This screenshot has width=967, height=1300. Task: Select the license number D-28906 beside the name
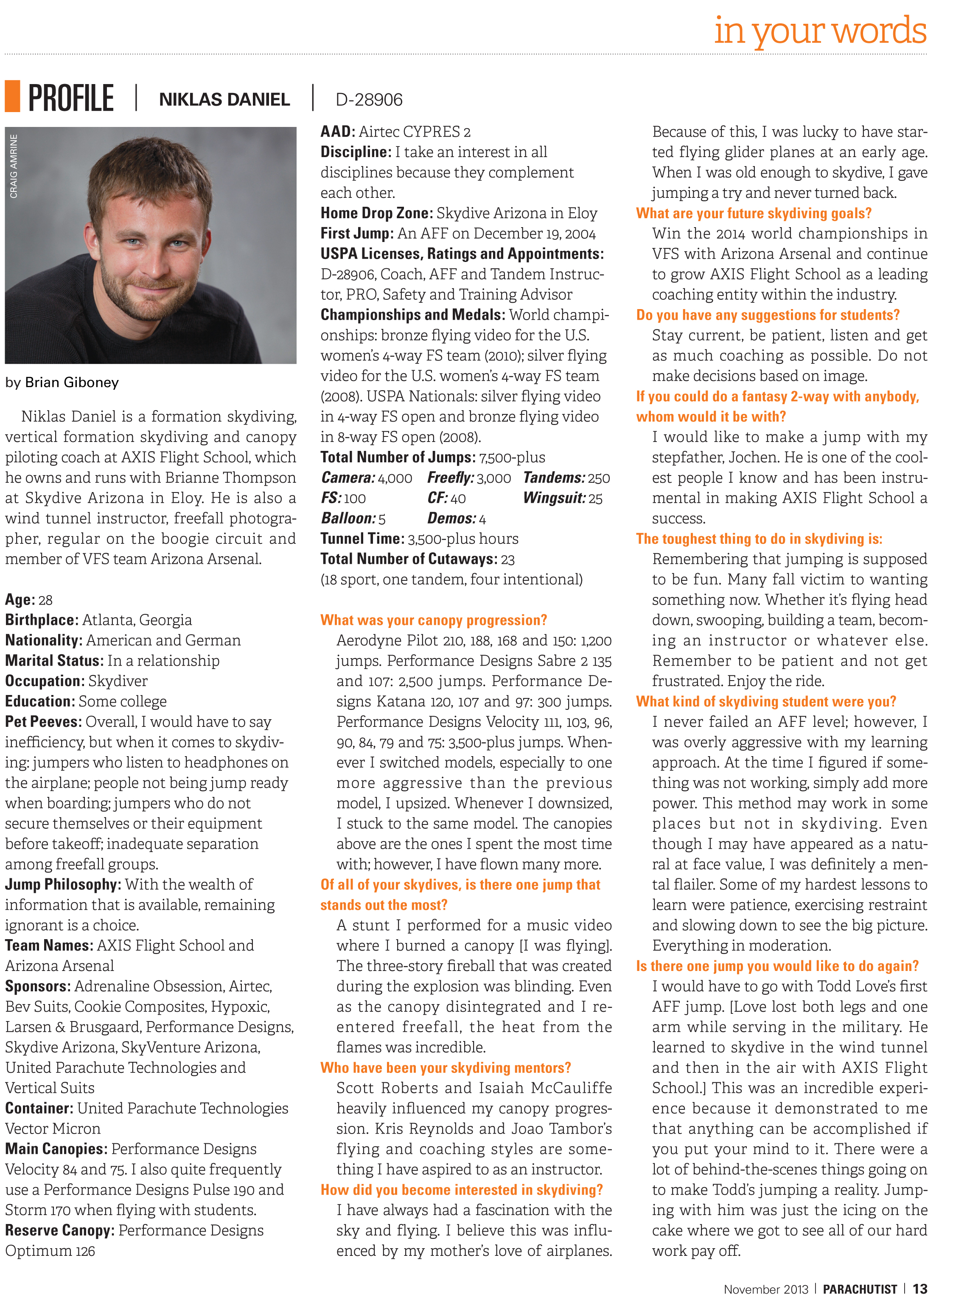click(369, 99)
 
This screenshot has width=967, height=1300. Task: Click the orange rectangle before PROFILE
click(12, 97)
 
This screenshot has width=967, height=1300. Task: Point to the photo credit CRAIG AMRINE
click(14, 166)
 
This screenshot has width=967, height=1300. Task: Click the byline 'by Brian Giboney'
click(62, 383)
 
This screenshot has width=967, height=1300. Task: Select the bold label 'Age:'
click(20, 599)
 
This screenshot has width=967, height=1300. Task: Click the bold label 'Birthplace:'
click(42, 620)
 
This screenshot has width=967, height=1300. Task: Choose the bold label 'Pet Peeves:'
click(43, 721)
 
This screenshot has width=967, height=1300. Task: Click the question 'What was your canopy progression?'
click(433, 620)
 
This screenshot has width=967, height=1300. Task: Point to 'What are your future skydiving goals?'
click(754, 213)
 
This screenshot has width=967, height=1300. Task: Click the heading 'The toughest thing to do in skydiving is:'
click(759, 539)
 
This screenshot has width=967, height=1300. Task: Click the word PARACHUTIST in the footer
click(860, 1289)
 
